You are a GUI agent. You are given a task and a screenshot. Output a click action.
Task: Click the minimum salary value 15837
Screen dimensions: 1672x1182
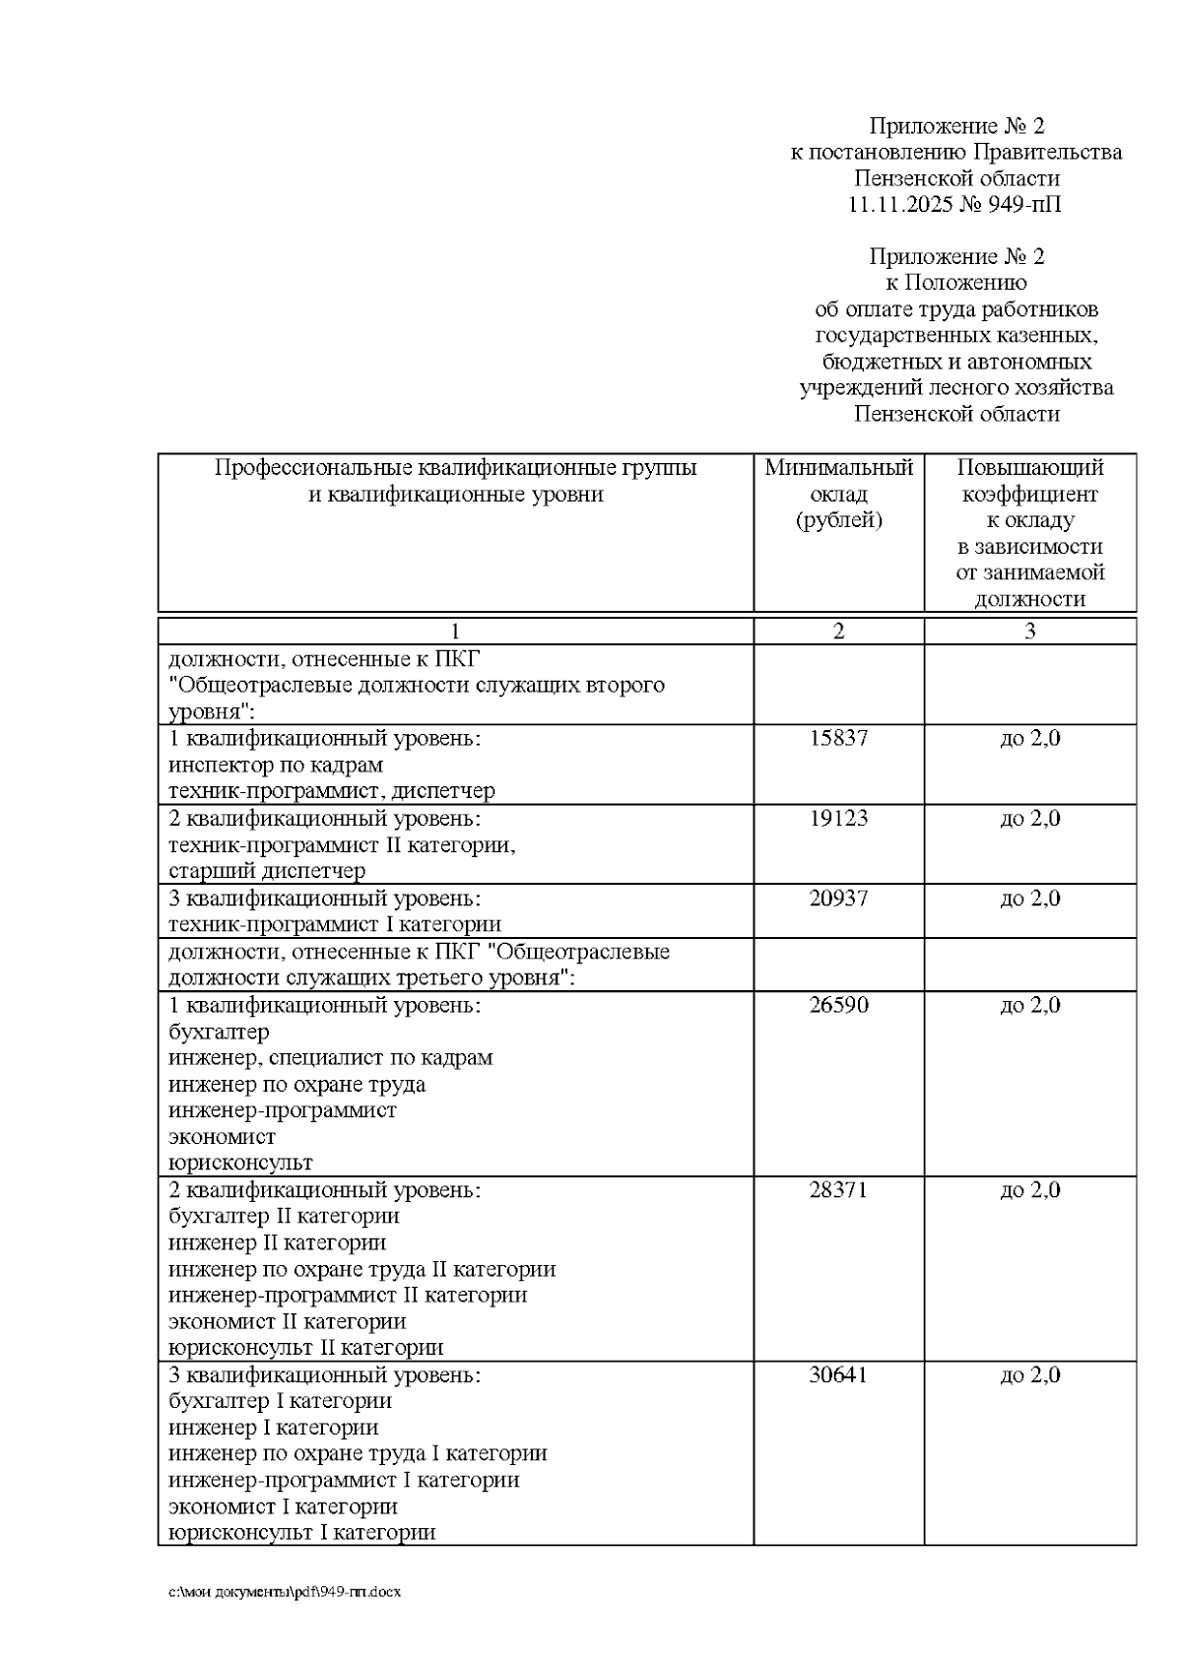[838, 738]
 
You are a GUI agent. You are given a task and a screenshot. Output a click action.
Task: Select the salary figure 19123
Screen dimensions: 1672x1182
[838, 818]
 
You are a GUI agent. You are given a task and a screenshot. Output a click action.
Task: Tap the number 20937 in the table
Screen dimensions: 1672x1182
[838, 898]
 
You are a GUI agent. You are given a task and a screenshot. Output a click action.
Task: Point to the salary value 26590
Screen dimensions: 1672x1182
[838, 1005]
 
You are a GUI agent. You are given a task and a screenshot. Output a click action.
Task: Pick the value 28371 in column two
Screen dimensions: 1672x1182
[838, 1189]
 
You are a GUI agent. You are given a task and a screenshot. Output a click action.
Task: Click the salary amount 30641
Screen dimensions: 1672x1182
[838, 1374]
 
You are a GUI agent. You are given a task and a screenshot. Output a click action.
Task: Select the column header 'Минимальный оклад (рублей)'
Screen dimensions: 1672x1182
[838, 494]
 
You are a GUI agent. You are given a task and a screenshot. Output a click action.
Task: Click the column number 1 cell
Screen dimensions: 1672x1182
[455, 632]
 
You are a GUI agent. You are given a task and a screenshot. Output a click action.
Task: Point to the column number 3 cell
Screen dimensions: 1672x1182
[1029, 632]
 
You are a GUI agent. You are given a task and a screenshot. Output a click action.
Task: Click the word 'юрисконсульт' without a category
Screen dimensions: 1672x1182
[240, 1163]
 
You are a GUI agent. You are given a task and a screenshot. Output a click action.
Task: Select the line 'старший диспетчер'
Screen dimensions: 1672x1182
[267, 871]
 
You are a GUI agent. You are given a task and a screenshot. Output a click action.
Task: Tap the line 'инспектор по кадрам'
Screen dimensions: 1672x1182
[276, 765]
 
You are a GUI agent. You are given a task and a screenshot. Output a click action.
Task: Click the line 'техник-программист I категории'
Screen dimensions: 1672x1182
[335, 924]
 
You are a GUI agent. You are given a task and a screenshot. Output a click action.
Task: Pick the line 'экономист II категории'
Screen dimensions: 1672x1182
[288, 1321]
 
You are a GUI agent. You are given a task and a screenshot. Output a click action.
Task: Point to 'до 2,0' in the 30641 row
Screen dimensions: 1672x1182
[1029, 1374]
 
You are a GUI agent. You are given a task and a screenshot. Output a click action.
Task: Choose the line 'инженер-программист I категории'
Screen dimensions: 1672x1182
[344, 1480]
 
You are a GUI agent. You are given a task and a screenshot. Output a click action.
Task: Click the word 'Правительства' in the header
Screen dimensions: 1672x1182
[1048, 152]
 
